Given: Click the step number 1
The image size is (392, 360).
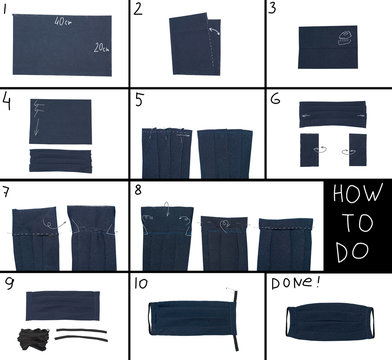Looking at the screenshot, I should (x=6, y=10).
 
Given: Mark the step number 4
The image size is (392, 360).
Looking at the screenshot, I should (x=7, y=102).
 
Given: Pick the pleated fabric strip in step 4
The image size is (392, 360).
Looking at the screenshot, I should (x=62, y=159).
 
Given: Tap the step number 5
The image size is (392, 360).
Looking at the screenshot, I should (x=141, y=101).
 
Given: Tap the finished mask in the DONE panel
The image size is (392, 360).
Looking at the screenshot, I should (x=327, y=321).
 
